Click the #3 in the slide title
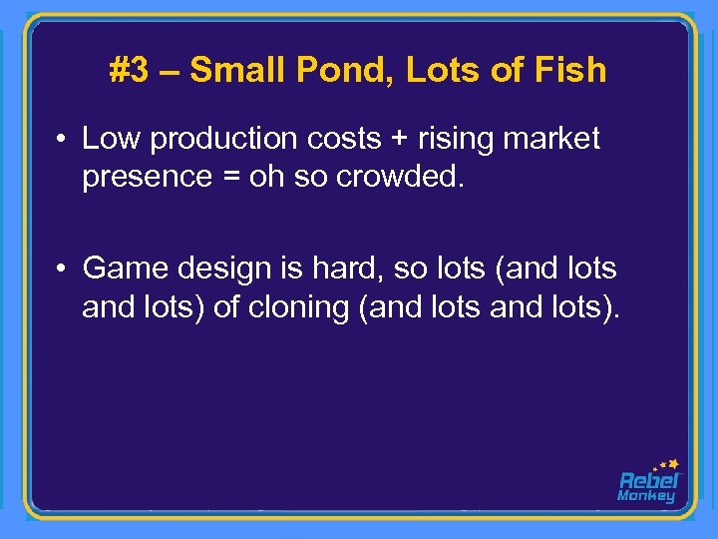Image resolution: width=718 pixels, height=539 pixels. click(x=128, y=70)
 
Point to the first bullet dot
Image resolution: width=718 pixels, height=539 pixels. click(x=62, y=140)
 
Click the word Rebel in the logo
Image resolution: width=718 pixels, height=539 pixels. click(x=647, y=480)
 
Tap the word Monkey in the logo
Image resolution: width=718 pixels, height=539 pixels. click(x=646, y=496)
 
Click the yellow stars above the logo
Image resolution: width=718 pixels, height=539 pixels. click(x=666, y=464)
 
